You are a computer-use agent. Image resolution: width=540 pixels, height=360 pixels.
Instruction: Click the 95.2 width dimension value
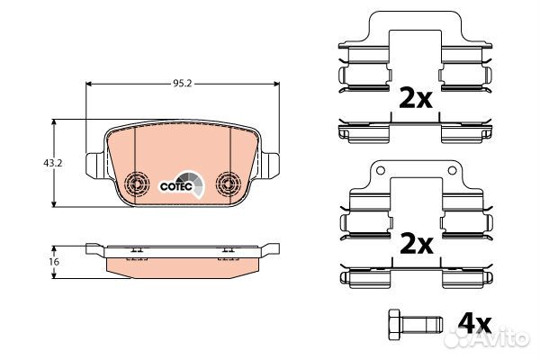[x=182, y=84]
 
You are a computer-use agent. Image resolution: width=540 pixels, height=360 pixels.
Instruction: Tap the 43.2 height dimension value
[x=53, y=163]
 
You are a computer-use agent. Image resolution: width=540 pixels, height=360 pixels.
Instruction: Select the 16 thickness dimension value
[x=54, y=262]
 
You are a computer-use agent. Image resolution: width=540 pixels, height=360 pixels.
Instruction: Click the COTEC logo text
[x=176, y=186]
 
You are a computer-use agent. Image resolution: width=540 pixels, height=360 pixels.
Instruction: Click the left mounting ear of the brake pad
[x=94, y=166]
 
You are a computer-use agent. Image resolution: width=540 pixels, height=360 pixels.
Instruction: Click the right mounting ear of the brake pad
[x=269, y=166]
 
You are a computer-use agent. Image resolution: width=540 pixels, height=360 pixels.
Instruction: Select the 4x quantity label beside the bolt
[x=474, y=323]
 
